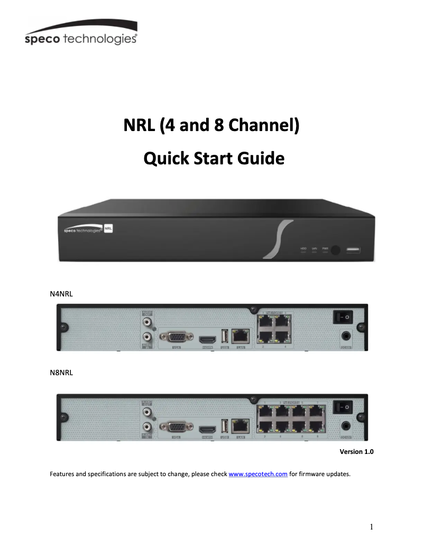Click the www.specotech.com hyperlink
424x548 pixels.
(x=258, y=474)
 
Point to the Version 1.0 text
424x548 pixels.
(x=356, y=452)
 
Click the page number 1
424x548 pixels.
(x=372, y=526)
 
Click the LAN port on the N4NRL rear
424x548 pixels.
(x=241, y=335)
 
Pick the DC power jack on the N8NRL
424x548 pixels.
(x=346, y=425)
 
